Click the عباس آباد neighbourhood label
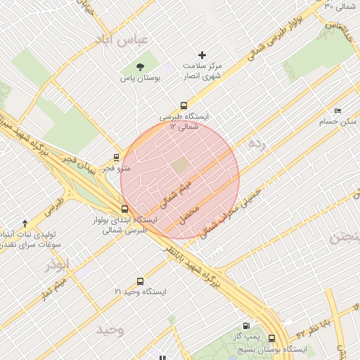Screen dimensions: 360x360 coord(125,40)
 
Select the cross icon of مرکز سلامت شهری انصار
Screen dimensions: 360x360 coord(202,55)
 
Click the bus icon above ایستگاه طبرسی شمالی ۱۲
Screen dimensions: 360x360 coord(184,105)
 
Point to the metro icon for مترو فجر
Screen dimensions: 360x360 coord(116,157)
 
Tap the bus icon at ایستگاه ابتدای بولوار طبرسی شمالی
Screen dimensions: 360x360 coord(124,209)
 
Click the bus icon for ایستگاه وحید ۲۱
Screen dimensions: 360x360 coord(139,281)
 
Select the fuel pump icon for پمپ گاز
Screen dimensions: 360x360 coord(245,326)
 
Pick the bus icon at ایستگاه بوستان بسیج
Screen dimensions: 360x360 coord(271,338)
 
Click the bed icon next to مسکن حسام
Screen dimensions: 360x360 coord(337,111)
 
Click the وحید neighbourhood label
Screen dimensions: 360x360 coord(110,330)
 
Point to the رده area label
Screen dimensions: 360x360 coord(257,146)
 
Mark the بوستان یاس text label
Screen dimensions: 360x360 coord(140,79)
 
